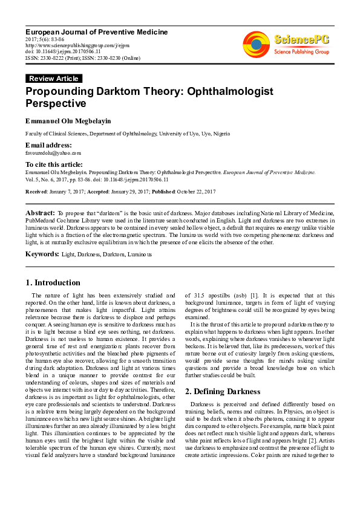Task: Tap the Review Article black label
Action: pyautogui.click(x=54, y=79)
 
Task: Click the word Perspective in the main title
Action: pyautogui.click(x=56, y=104)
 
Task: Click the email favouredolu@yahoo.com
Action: pyautogui.click(x=44, y=153)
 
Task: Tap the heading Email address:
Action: pyautogui.click(x=48, y=146)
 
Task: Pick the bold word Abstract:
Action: pyautogui.click(x=40, y=213)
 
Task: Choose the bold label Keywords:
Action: pyautogui.click(x=42, y=254)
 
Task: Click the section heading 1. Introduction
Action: pyautogui.click(x=53, y=282)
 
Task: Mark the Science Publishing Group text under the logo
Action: pyautogui.click(x=301, y=53)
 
